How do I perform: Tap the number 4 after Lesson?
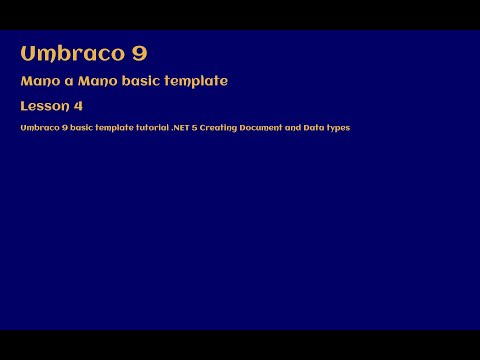78,106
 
